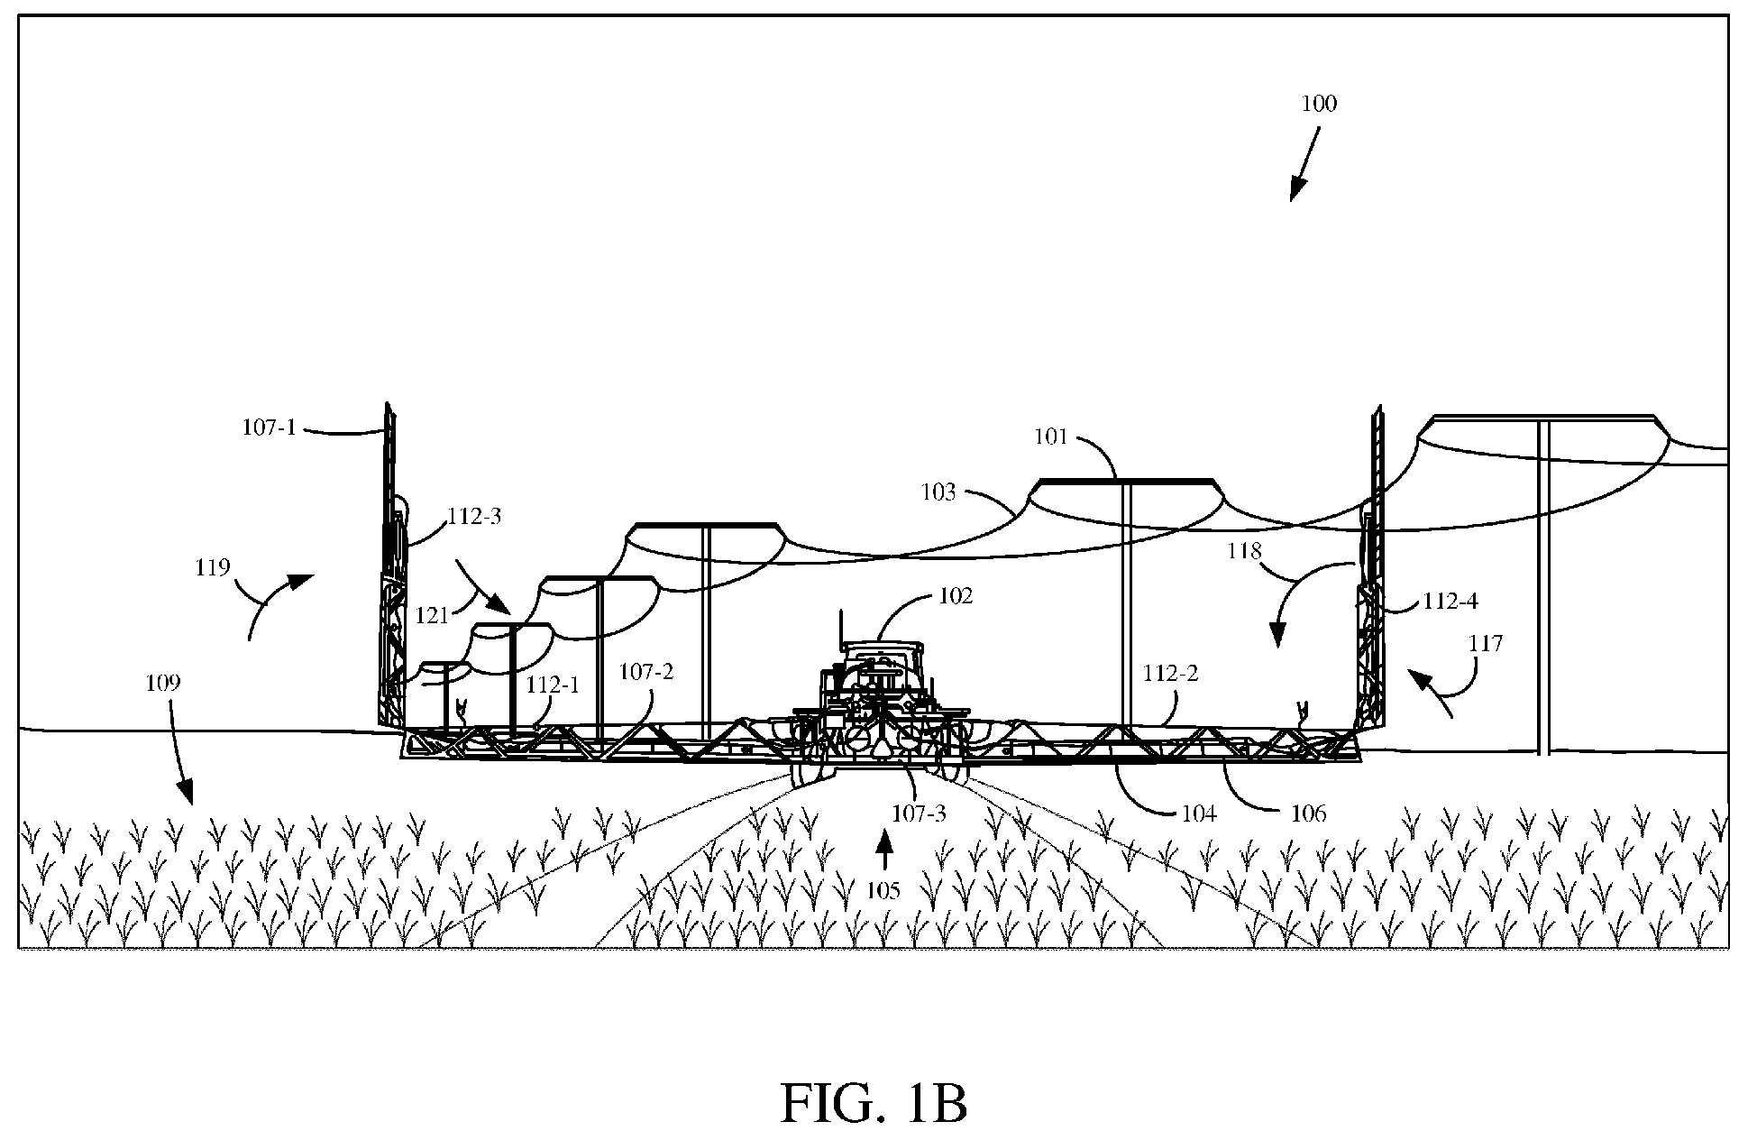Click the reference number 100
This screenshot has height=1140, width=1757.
tap(1319, 104)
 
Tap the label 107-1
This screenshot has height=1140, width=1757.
tap(269, 427)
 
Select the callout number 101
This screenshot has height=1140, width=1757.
tap(1050, 437)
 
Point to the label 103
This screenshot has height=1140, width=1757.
tap(938, 492)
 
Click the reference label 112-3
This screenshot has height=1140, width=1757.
tap(474, 517)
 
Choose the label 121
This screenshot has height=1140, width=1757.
tap(433, 615)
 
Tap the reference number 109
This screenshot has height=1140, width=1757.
tap(163, 683)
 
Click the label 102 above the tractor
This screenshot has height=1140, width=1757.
tap(956, 596)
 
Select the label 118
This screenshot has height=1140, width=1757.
tap(1244, 551)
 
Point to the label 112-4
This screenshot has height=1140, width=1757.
tap(1450, 601)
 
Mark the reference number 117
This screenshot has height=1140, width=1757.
tap(1486, 643)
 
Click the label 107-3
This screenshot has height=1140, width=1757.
tap(920, 813)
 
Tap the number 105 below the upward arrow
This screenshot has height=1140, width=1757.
tap(883, 891)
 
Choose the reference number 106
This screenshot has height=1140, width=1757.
tap(1309, 814)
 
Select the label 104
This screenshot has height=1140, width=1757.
tap(1199, 814)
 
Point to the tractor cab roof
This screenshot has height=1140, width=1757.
tap(883, 645)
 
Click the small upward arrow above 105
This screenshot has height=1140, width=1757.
tap(884, 852)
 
